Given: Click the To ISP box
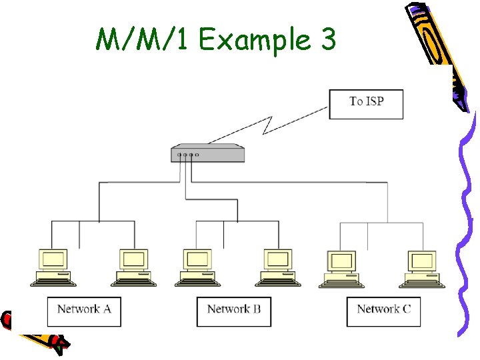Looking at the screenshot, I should click(366, 104).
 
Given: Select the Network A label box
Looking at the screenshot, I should click(84, 311).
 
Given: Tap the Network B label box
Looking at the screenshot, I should click(234, 311).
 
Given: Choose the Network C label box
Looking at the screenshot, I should click(383, 311).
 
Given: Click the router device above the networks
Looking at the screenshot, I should click(207, 153).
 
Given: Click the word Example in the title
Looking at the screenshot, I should click(255, 41).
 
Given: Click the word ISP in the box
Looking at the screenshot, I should click(375, 101).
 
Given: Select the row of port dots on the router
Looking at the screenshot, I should click(187, 155).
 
